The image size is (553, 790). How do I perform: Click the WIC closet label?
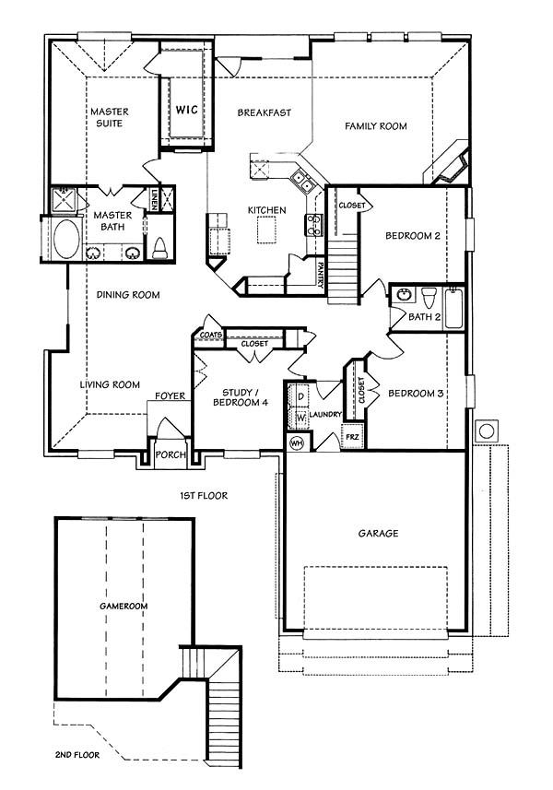point(186,109)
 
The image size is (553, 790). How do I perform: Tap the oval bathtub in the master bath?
point(66,239)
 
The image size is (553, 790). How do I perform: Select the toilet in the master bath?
point(159,248)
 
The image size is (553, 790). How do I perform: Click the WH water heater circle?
point(297,443)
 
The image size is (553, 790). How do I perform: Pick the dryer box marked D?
point(300,396)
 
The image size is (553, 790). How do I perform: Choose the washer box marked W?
point(300,418)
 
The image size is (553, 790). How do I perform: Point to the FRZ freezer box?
point(352,437)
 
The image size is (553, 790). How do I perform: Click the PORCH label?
point(171,454)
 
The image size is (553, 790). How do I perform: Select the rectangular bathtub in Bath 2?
point(453,308)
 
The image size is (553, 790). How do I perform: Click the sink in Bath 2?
point(403,295)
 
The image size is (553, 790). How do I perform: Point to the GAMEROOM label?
point(124,606)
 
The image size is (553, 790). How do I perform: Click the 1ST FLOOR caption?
point(204,496)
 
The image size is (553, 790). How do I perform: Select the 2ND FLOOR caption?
point(77,755)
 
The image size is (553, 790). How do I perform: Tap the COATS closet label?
point(211,335)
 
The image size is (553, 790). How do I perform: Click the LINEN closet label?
point(153,199)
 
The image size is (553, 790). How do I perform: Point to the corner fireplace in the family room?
point(449,166)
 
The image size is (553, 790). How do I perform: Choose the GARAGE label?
point(378,533)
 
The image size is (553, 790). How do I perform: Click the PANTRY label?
point(321,274)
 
